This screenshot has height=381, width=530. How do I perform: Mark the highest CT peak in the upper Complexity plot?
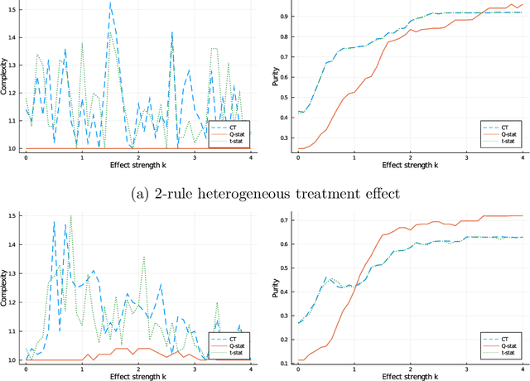coord(110,3)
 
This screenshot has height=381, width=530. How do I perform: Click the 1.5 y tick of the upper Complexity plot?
coord(14,13)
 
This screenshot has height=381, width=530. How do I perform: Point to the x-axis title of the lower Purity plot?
coord(410,375)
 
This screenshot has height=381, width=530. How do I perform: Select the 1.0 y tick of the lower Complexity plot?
coord(14,360)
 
